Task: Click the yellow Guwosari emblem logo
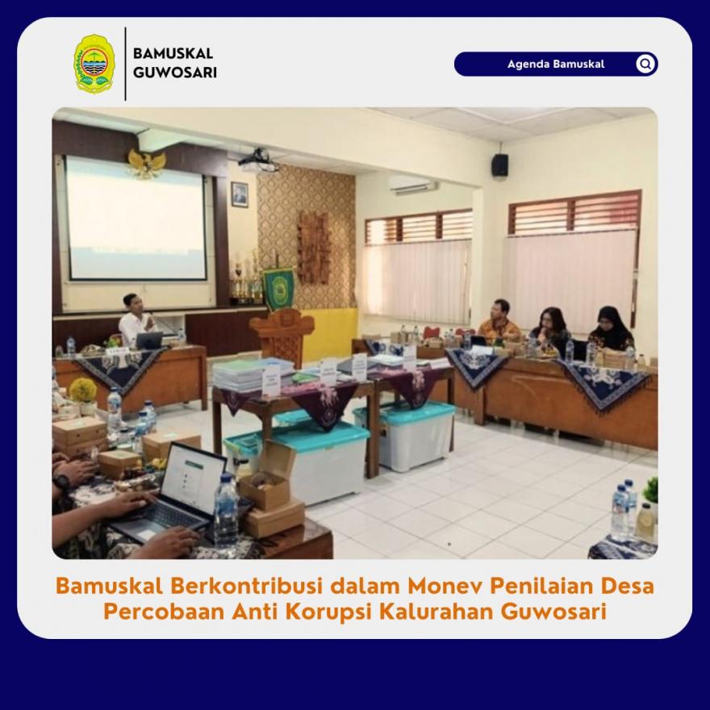(x=94, y=64)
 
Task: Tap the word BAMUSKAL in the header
(x=173, y=53)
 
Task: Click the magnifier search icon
(x=645, y=64)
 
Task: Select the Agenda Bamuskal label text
(x=556, y=64)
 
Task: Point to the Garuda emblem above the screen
(x=147, y=163)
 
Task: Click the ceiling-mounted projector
(x=259, y=161)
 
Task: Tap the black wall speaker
(x=500, y=165)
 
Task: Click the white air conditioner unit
(x=413, y=184)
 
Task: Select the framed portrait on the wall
(x=240, y=194)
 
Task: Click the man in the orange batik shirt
(x=499, y=320)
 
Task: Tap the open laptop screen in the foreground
(x=194, y=479)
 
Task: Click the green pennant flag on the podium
(x=278, y=288)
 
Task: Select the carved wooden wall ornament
(x=314, y=247)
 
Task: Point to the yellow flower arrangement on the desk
(x=83, y=390)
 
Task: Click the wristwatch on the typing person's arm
(x=61, y=481)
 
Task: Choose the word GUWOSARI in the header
(x=175, y=73)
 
